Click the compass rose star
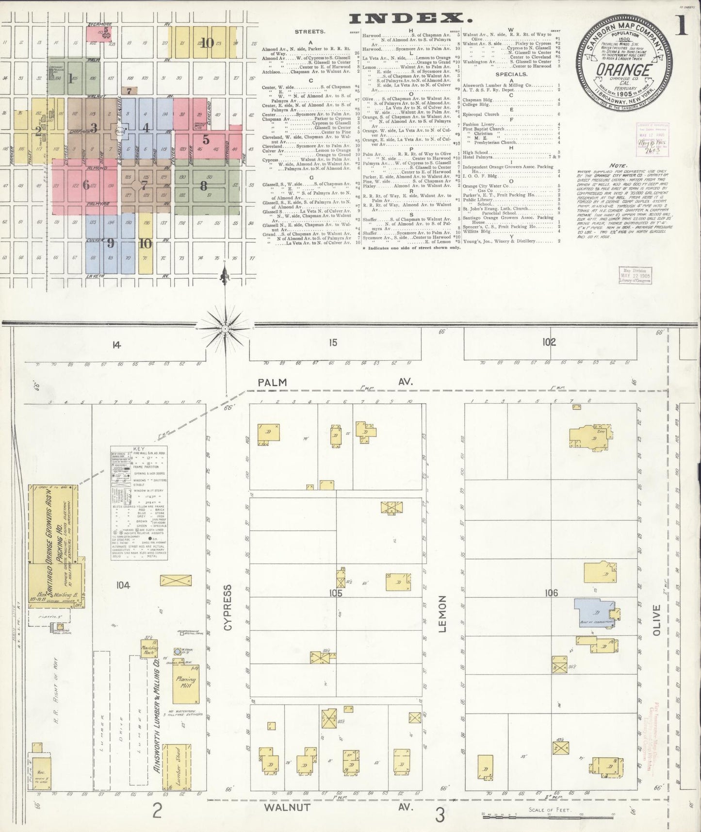(x=225, y=328)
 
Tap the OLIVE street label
(x=657, y=619)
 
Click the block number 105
(x=335, y=593)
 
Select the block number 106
(x=551, y=593)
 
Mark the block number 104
(x=123, y=586)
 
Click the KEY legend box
(x=139, y=503)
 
